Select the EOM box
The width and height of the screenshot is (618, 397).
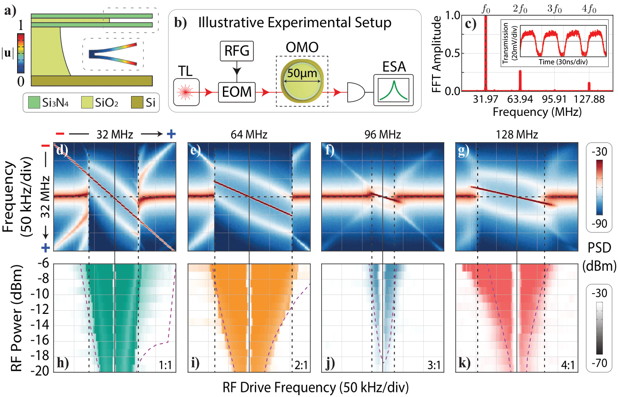click(x=237, y=93)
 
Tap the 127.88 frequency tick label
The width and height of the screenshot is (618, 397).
click(x=589, y=100)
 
